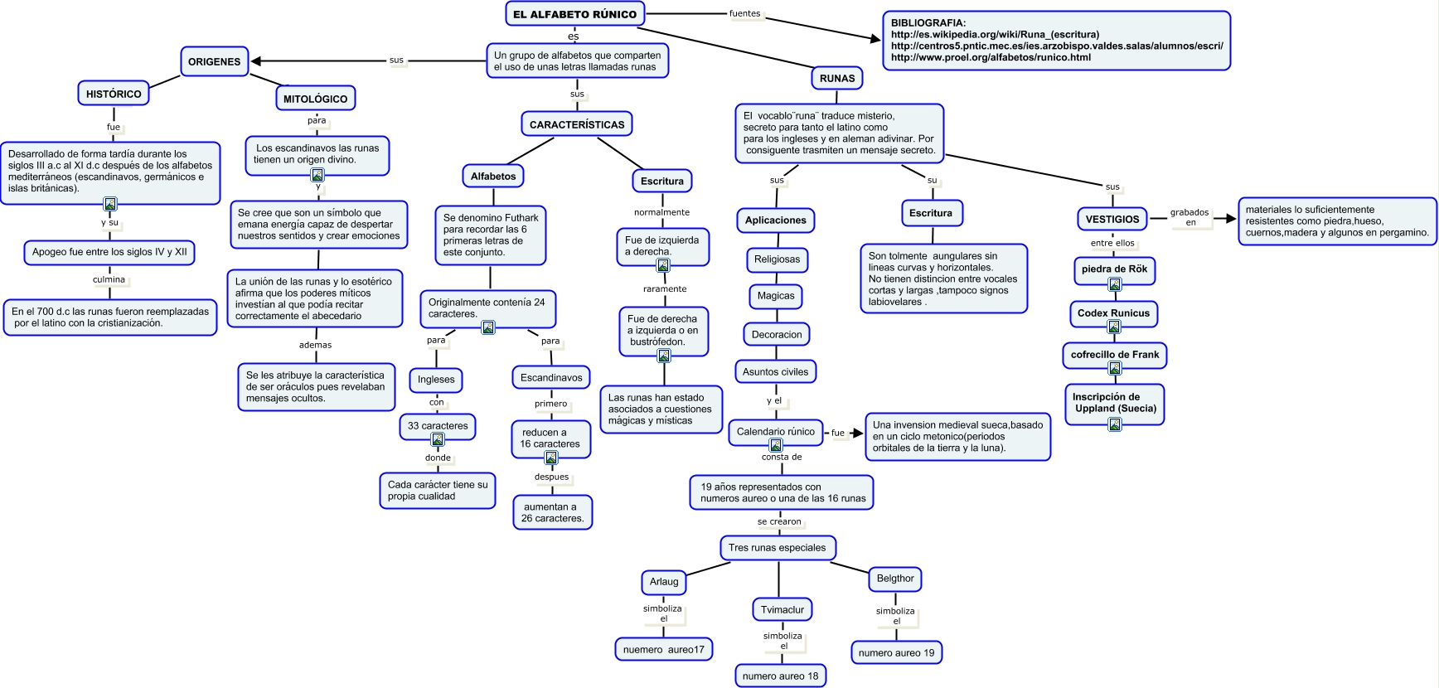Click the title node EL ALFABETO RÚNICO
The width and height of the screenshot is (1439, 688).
coord(574,14)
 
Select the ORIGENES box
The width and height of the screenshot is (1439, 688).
coord(215,61)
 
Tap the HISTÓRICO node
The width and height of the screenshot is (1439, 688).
coord(114,94)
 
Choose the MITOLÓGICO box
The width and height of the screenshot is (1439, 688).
coord(316,99)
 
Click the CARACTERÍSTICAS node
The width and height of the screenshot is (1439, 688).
coord(577,124)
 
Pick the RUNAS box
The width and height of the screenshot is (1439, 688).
coord(837,78)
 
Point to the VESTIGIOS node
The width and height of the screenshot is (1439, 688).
coord(1112,219)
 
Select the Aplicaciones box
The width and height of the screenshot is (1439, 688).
coord(776,220)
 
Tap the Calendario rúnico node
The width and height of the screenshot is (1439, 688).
coord(776,433)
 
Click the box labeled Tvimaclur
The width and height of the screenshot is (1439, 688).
coord(782,609)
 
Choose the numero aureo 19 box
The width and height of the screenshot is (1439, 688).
coord(897,652)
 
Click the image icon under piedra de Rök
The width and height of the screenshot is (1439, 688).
coord(1115,285)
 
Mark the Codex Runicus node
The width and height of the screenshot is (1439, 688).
coord(1113,313)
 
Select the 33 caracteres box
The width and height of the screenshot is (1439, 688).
coord(438,426)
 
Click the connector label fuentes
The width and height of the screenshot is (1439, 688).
coord(744,13)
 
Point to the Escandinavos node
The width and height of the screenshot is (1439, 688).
coord(551,377)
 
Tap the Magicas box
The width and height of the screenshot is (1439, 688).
coord(776,296)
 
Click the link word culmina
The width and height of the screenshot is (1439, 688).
coord(109,279)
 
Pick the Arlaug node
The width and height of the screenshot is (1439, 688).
coord(664,581)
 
